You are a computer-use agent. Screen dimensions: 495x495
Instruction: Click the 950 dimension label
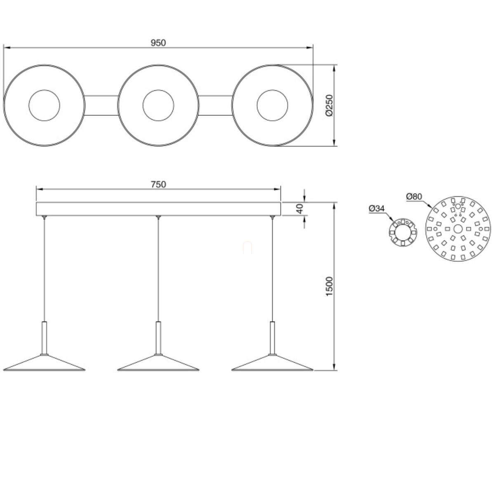(x=158, y=42)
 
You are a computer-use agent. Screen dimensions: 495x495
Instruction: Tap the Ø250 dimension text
(x=329, y=105)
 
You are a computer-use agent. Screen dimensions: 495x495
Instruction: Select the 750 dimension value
(x=158, y=184)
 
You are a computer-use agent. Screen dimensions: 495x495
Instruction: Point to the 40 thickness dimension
(x=299, y=209)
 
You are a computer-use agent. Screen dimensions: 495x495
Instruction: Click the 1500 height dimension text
(x=329, y=286)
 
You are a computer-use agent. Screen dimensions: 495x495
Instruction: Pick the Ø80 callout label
(x=414, y=196)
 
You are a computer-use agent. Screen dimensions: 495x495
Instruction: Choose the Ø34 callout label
(x=377, y=208)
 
